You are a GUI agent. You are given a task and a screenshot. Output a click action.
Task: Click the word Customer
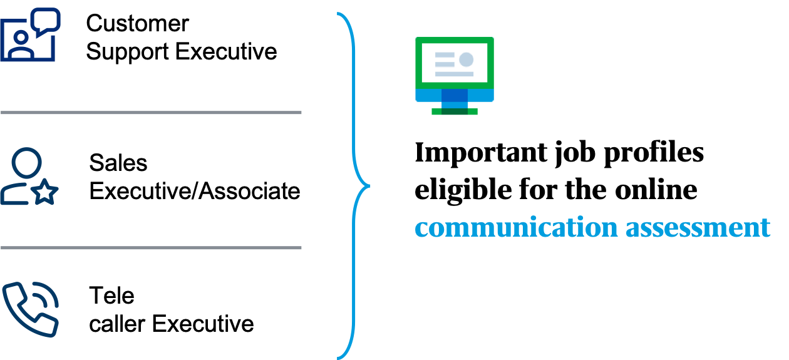tap(137, 24)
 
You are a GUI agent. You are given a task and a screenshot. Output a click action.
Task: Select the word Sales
tap(118, 163)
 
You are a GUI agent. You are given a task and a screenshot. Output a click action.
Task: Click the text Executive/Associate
tap(194, 192)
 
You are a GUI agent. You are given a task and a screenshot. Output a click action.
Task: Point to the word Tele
tap(111, 295)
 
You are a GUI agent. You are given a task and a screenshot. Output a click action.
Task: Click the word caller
tap(117, 324)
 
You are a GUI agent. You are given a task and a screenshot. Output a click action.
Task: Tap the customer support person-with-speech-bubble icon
tap(30, 34)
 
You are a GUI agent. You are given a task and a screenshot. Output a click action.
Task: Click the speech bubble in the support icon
tap(46, 21)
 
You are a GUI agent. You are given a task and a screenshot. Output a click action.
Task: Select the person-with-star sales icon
tap(29, 176)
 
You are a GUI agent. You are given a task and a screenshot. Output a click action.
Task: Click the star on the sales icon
tap(44, 192)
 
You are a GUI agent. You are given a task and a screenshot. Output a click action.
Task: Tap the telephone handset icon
tap(30, 309)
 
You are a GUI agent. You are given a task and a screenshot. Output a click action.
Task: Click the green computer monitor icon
tap(455, 76)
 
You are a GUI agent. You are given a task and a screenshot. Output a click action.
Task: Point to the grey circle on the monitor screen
tap(467, 59)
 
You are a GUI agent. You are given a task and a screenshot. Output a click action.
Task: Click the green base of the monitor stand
tap(455, 111)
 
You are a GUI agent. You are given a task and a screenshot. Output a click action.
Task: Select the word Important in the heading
tap(481, 153)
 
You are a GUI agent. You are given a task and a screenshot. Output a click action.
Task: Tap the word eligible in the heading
tap(463, 190)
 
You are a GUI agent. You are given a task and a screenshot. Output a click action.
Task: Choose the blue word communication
tap(517, 227)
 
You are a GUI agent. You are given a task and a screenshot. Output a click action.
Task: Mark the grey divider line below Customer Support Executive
tap(151, 112)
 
